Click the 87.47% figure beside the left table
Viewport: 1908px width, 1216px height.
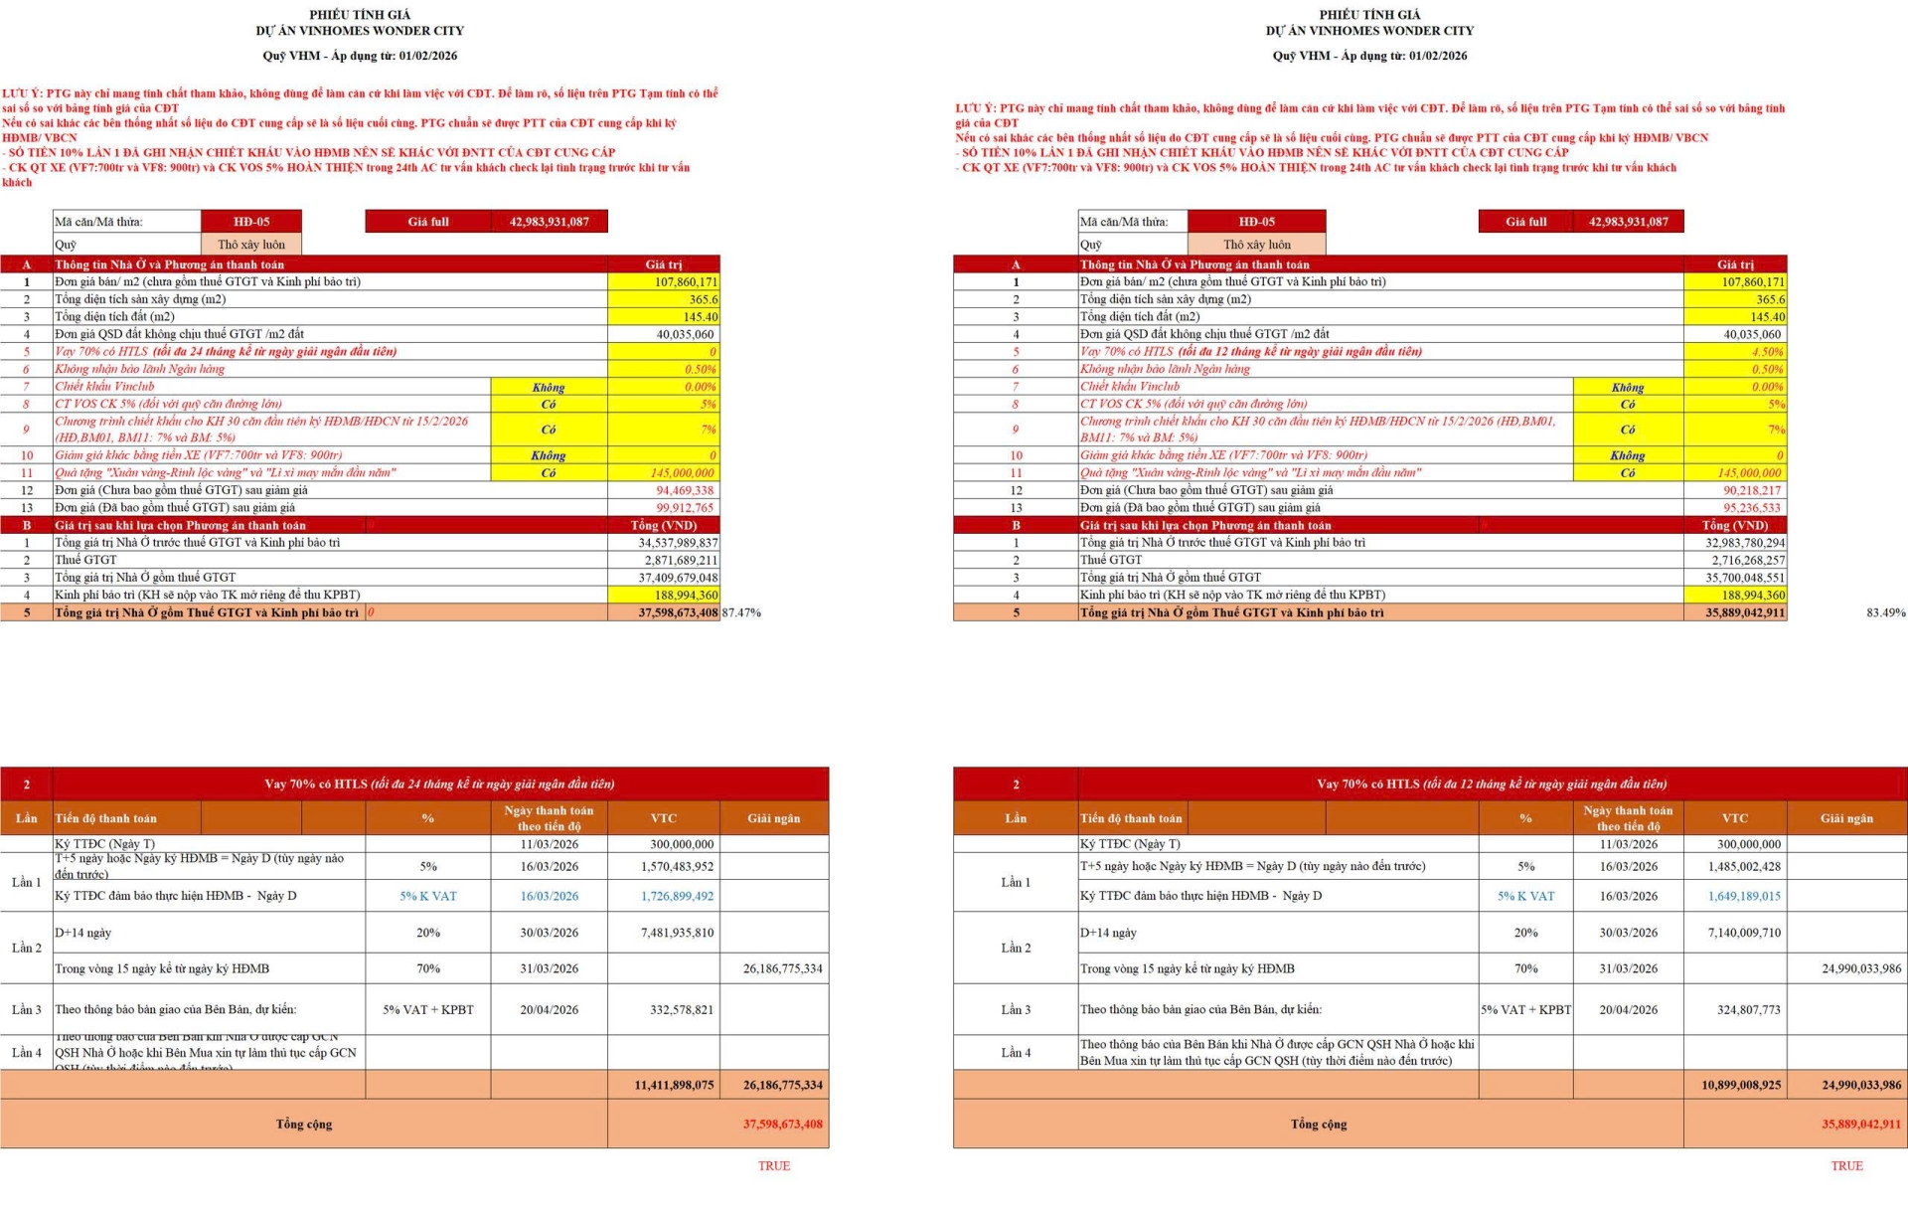pyautogui.click(x=741, y=612)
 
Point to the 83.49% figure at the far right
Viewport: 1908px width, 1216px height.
pyautogui.click(x=1885, y=612)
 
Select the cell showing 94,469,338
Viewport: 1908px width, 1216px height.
pyautogui.click(x=685, y=490)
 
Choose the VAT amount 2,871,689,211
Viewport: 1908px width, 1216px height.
pyautogui.click(x=681, y=560)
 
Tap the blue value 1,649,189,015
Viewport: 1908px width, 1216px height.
pyautogui.click(x=1744, y=896)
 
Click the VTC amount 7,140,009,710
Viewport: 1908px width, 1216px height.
pyautogui.click(x=1744, y=933)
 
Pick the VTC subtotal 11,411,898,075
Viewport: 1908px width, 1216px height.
pyautogui.click(x=674, y=1085)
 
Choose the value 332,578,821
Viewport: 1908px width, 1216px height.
pyautogui.click(x=682, y=1009)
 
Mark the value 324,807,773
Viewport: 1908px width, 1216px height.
pyautogui.click(x=1749, y=1009)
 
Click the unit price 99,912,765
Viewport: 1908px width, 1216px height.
pyautogui.click(x=685, y=508)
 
